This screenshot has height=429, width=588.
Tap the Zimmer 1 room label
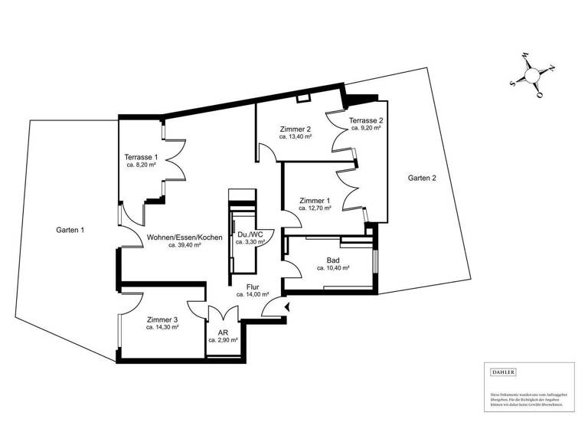click(315, 200)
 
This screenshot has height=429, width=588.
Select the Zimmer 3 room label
click(162, 319)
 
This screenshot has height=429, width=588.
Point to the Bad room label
click(333, 260)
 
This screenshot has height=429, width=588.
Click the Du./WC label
click(250, 234)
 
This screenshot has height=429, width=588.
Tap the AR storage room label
click(223, 332)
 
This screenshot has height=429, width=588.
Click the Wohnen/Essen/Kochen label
click(185, 237)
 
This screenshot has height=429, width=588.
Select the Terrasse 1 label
click(141, 157)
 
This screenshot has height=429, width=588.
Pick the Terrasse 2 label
click(366, 121)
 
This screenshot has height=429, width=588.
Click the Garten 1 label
click(70, 229)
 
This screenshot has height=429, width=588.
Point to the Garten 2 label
click(422, 178)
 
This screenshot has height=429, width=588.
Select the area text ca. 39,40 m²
click(185, 246)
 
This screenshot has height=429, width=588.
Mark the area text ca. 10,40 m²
click(333, 269)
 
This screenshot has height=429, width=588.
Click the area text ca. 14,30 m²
click(162, 327)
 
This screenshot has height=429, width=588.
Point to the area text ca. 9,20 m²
click(366, 129)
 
